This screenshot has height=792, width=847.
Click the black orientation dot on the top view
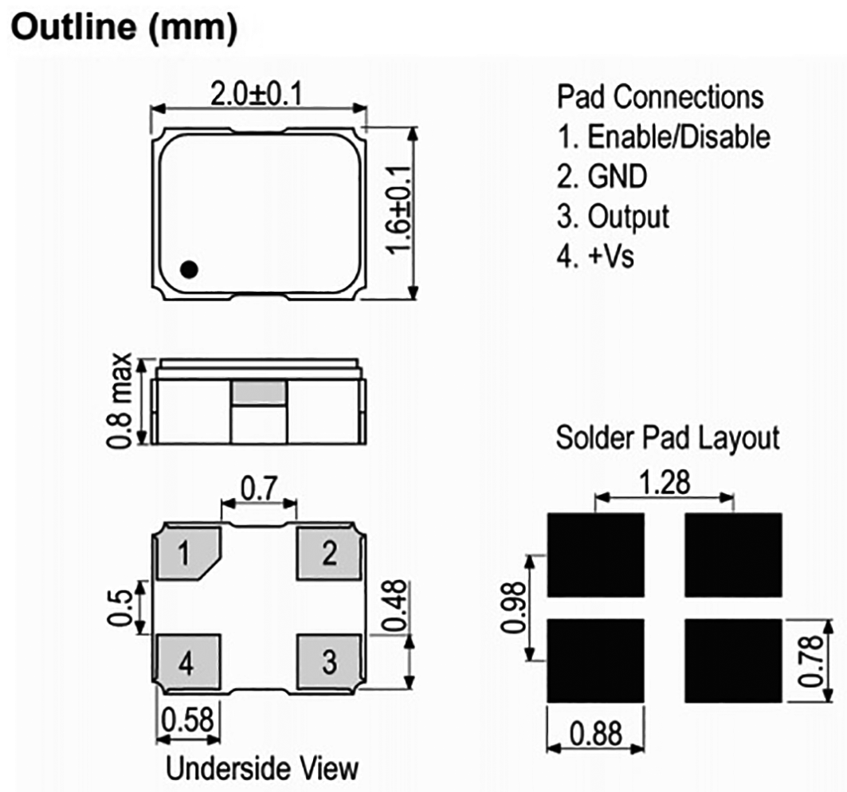click(x=189, y=269)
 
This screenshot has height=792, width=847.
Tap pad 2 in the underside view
click(x=329, y=553)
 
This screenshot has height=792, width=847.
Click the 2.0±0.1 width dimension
click(x=257, y=95)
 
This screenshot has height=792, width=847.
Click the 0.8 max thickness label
click(x=119, y=400)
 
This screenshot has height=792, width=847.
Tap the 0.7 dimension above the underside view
click(x=259, y=488)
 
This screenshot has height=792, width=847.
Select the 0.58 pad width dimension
click(x=187, y=719)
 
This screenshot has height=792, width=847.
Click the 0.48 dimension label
click(x=394, y=605)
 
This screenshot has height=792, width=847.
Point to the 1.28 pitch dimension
click(x=665, y=482)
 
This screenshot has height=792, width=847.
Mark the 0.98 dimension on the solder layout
click(x=512, y=607)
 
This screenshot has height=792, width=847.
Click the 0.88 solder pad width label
click(x=596, y=734)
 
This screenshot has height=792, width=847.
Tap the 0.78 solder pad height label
click(x=811, y=661)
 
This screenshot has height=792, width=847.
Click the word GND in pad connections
click(x=617, y=177)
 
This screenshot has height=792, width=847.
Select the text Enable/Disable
click(x=678, y=137)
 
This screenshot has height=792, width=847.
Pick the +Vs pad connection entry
click(x=595, y=256)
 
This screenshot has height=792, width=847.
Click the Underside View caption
click(x=262, y=767)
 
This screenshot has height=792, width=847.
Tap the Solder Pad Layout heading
click(x=668, y=438)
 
